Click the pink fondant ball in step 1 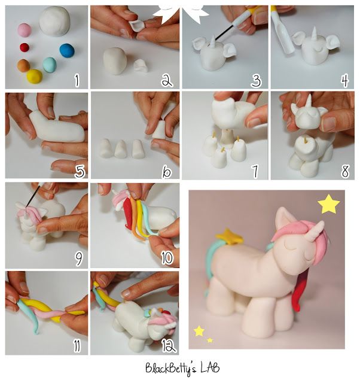(x=25, y=29)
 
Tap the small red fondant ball (x=25, y=47)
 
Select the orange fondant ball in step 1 (x=23, y=65)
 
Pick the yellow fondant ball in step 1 (x=34, y=76)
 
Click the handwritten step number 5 (x=79, y=171)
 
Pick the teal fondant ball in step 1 (x=50, y=64)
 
